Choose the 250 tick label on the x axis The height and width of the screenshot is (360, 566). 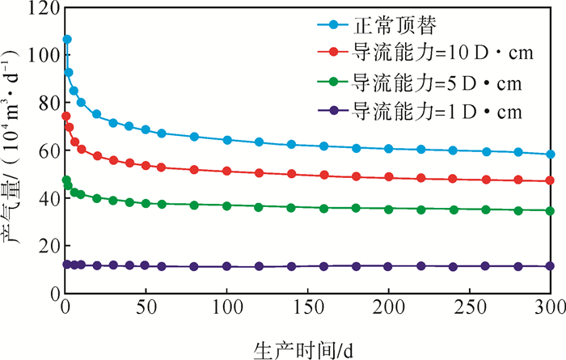tap(469, 308)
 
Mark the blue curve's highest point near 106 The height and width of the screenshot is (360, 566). tap(67, 39)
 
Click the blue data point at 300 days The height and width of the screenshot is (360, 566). tap(551, 154)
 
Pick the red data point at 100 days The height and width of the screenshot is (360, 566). tap(227, 171)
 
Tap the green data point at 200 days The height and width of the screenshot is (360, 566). tap(389, 209)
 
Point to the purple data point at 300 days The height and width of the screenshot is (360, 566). tap(551, 265)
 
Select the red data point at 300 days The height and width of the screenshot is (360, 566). tap(551, 180)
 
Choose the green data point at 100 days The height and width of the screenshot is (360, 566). tap(227, 205)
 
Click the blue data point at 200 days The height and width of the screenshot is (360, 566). tap(389, 148)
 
